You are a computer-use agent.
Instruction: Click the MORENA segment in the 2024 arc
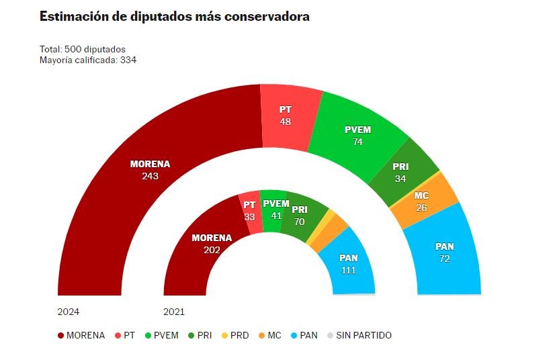[150, 170]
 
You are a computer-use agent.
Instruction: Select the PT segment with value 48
[286, 115]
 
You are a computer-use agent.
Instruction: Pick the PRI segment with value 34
[401, 173]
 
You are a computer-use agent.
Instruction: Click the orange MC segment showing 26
[422, 201]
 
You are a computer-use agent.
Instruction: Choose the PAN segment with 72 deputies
[444, 252]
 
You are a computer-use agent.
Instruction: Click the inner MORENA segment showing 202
[211, 243]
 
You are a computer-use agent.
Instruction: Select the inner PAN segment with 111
[347, 263]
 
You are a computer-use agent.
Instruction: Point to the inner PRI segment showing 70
[299, 215]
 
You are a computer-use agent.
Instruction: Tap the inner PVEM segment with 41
[275, 210]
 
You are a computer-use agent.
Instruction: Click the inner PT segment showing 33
[250, 211]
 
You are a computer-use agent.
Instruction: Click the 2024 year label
[69, 312]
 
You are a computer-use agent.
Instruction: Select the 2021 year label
[174, 312]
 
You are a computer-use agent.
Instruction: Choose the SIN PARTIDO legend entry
[363, 335]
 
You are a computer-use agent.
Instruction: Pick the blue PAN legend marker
[296, 335]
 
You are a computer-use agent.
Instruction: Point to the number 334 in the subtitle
[128, 60]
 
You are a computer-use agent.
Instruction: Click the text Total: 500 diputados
[83, 49]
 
